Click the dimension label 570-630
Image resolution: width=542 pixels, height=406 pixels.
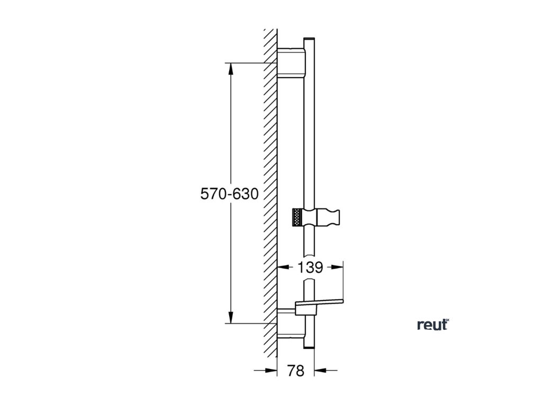coord(229,194)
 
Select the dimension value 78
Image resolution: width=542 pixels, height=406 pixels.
coord(296,371)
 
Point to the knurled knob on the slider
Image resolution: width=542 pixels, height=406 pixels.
coord(297,217)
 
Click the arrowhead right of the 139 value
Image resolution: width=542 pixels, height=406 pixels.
coord(339,267)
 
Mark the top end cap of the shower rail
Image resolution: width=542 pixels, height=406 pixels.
coord(309,40)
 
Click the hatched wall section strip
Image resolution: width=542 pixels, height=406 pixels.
coord(270,190)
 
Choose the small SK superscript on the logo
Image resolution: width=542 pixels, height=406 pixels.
coord(446,320)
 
